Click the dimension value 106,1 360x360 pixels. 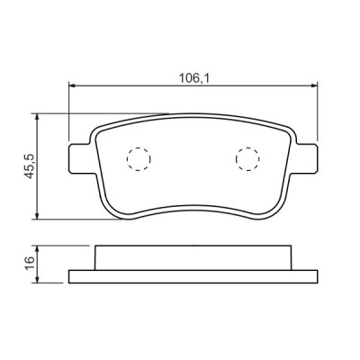point(192,77)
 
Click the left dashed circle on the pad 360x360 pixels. point(139,158)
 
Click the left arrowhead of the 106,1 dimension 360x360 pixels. point(74,87)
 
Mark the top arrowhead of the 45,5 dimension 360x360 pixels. point(37,117)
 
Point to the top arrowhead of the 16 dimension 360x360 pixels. point(37,247)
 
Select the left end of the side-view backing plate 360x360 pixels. point(72,274)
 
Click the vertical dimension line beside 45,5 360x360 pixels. point(37,180)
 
